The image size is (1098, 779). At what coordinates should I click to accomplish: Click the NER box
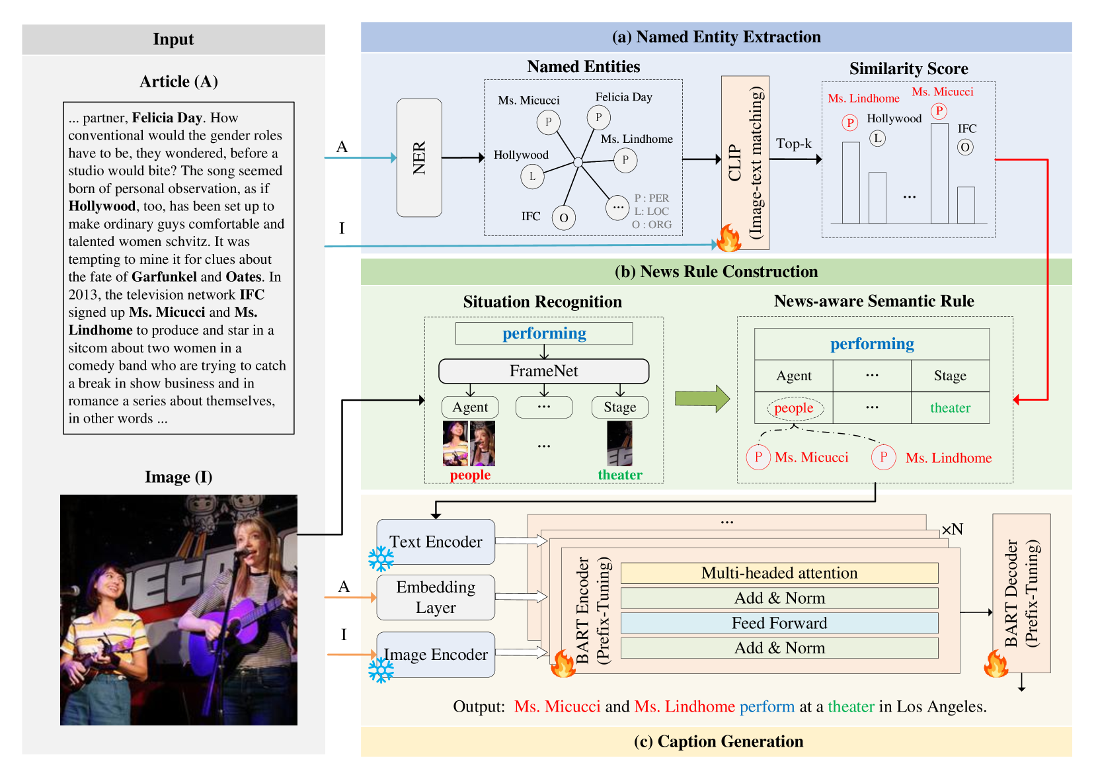pyautogui.click(x=419, y=158)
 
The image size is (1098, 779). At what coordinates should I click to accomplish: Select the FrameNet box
pyautogui.click(x=543, y=371)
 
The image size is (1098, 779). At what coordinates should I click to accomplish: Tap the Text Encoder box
pyautogui.click(x=436, y=542)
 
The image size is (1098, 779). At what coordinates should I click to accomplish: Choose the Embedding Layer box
pyautogui.click(x=436, y=597)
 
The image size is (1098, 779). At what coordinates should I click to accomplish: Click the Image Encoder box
pyautogui.click(x=436, y=655)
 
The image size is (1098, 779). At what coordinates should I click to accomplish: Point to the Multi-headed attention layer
pyautogui.click(x=779, y=573)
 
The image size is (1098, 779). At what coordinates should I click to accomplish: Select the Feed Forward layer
pyautogui.click(x=779, y=623)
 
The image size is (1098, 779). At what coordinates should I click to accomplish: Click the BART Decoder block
pyautogui.click(x=1021, y=593)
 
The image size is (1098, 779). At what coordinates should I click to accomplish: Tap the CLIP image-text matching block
pyautogui.click(x=745, y=162)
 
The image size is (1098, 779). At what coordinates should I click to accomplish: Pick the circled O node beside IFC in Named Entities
pyautogui.click(x=563, y=218)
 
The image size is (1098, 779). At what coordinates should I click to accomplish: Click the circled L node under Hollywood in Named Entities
pyautogui.click(x=532, y=176)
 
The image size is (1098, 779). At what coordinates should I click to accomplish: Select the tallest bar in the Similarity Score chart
pyautogui.click(x=939, y=173)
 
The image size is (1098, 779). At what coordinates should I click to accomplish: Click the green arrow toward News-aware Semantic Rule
pyautogui.click(x=702, y=399)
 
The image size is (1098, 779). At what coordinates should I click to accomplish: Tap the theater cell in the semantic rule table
pyautogui.click(x=950, y=408)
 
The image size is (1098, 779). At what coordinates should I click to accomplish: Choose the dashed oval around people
pyautogui.click(x=795, y=408)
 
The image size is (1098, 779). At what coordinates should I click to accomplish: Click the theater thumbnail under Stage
pyautogui.click(x=619, y=444)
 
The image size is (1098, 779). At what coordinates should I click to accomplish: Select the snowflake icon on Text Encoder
pyautogui.click(x=381, y=559)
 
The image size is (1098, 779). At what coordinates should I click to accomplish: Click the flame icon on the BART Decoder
pyautogui.click(x=996, y=663)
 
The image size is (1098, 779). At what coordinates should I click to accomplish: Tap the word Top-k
pyautogui.click(x=793, y=143)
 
